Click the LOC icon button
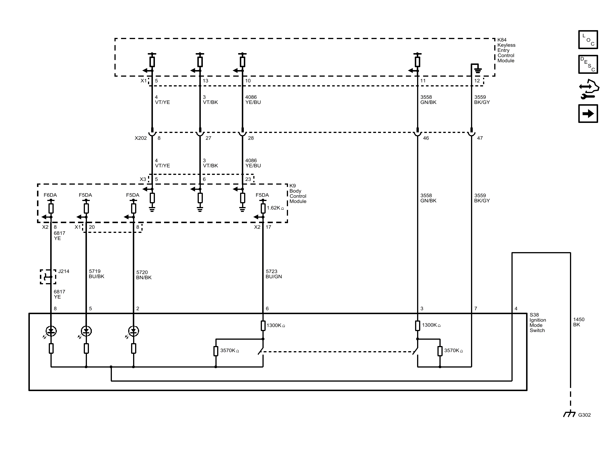click(588, 40)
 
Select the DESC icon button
click(588, 64)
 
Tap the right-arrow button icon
click(588, 114)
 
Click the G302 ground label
click(584, 415)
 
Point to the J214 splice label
click(64, 271)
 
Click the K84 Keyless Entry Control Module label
click(506, 50)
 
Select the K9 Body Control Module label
click(298, 194)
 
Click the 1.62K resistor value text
click(275, 208)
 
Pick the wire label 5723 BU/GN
click(274, 274)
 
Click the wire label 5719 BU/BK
click(96, 274)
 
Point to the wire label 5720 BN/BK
click(144, 275)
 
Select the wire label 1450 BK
click(579, 322)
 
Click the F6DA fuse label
click(50, 195)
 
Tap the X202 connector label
click(141, 138)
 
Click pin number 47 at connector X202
click(480, 138)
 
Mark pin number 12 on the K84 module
click(477, 81)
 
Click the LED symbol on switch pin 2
click(133, 331)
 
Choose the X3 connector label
click(143, 179)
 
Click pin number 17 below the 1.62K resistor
click(268, 227)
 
